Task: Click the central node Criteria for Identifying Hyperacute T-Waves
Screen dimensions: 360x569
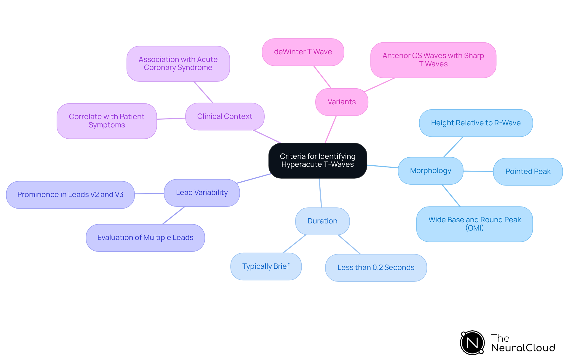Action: (317, 161)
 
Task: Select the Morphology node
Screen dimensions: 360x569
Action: (430, 171)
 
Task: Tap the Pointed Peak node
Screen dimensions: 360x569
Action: (528, 172)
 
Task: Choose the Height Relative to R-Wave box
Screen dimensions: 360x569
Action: (476, 123)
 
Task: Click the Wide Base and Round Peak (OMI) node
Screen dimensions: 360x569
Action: (474, 224)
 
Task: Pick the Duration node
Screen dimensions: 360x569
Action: (322, 221)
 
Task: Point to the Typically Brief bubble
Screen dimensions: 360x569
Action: (266, 266)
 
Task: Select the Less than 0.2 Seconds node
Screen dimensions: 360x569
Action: (376, 268)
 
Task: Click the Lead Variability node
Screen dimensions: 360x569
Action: (202, 193)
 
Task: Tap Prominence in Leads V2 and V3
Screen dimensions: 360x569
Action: (70, 195)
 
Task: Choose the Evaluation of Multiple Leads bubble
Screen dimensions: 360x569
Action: (145, 238)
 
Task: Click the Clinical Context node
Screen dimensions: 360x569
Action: (225, 116)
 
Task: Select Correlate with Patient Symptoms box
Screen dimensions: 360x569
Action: (107, 121)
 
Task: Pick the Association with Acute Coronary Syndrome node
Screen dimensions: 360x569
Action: (178, 64)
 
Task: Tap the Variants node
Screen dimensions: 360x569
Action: (342, 102)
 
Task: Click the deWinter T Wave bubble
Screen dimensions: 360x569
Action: (303, 52)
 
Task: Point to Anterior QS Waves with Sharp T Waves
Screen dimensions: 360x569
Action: (433, 60)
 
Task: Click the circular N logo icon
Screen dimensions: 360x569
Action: (472, 343)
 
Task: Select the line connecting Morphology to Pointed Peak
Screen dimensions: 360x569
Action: (478, 171)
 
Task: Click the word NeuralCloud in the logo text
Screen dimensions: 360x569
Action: (523, 348)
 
